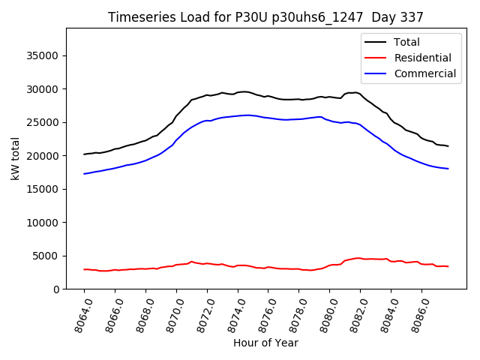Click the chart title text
point(265,17)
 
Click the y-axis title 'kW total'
point(15,159)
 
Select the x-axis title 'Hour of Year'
point(265,343)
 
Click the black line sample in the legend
point(377,42)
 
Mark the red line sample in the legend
point(377,58)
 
